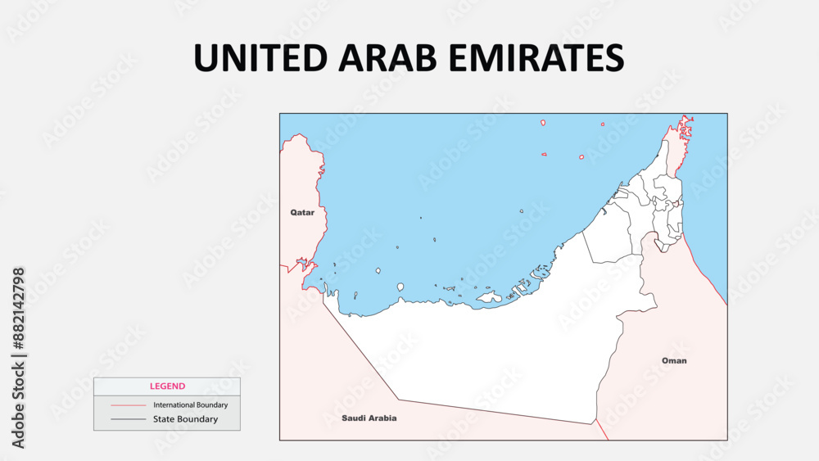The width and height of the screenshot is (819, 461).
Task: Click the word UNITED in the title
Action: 253,57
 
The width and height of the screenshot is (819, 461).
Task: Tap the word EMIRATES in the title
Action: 529,57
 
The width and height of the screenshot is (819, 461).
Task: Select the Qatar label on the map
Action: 302,212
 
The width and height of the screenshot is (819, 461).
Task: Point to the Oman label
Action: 674,360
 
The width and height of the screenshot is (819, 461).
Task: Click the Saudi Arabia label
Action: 369,418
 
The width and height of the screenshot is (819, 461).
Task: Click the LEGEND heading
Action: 167,386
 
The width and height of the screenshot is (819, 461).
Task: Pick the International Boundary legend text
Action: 190,405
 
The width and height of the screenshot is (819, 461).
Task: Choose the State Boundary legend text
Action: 185,419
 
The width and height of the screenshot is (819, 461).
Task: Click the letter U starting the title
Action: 206,57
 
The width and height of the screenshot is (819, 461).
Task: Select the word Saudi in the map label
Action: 355,418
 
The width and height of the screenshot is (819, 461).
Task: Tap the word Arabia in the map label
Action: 382,418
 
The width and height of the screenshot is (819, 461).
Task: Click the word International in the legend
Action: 173,405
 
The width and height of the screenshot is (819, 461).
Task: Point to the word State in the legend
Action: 164,419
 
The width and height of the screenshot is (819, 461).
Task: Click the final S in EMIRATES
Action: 614,57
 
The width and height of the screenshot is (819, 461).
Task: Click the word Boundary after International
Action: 211,405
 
